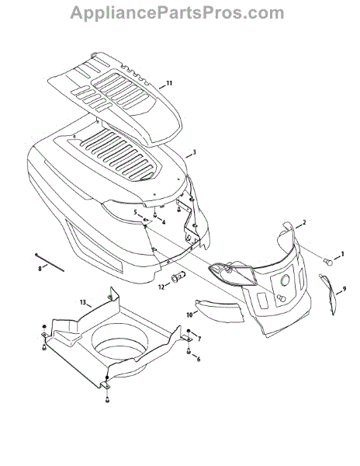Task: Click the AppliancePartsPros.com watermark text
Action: [177, 13]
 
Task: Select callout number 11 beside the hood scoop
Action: [169, 83]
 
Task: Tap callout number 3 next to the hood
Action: [194, 152]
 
